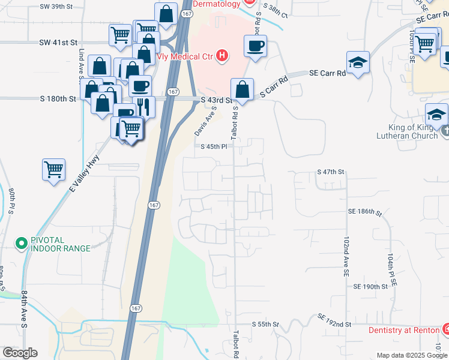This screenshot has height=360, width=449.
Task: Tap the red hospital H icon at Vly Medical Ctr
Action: (223, 56)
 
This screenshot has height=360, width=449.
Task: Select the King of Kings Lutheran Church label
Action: (406, 131)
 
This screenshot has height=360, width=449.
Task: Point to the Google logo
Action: (20, 353)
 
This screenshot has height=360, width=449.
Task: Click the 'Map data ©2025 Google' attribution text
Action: (412, 355)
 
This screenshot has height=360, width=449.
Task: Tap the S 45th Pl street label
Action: (214, 146)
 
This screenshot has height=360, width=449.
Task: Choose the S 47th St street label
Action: (331, 172)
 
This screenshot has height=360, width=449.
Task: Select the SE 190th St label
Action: (370, 287)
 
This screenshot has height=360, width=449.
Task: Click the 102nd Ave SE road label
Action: (346, 256)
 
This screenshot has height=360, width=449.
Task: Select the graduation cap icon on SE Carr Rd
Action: (358, 62)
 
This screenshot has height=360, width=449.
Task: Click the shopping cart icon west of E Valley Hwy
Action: (53, 169)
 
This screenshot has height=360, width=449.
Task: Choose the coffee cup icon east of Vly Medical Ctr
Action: (255, 46)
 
